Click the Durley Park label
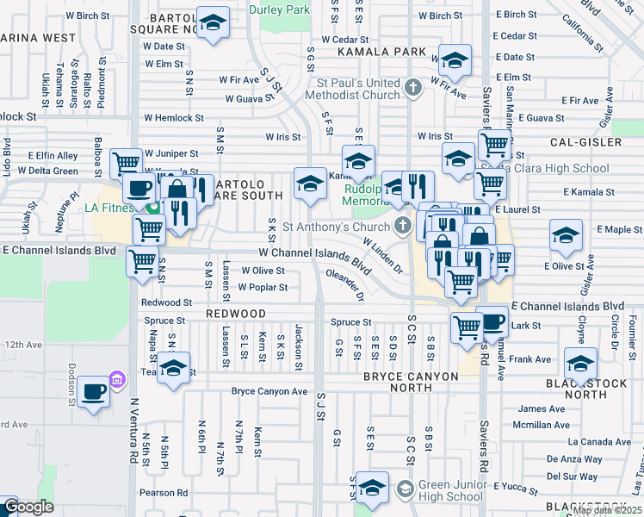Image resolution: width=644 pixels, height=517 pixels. [x=278, y=9]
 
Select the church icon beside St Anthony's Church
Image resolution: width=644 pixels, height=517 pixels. [x=401, y=227]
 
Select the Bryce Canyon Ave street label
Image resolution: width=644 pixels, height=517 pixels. [x=269, y=391]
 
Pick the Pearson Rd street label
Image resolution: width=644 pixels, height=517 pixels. [x=164, y=493]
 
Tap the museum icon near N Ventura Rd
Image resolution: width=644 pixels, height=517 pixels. [x=117, y=381]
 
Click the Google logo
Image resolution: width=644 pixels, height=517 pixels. [x=28, y=508]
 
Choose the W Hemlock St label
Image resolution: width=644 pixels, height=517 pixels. [x=174, y=118]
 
